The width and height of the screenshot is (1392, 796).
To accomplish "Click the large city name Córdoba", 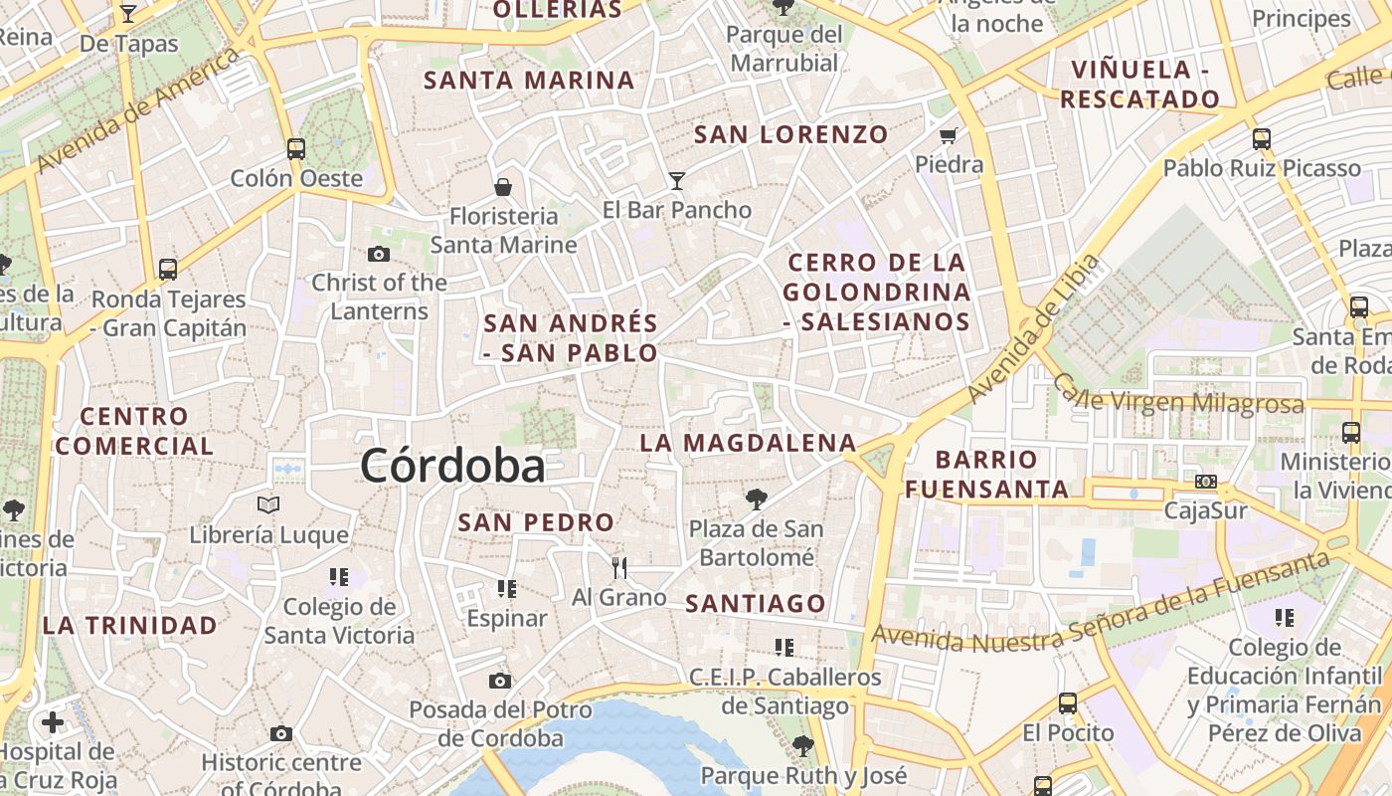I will point(452,466).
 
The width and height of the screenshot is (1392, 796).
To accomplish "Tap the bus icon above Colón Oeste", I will point(296,149).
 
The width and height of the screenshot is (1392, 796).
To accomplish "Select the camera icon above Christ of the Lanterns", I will point(378,254).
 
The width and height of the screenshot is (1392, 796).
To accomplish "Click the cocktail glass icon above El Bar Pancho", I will point(677,180).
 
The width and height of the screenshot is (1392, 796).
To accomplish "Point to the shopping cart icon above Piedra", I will point(949,134).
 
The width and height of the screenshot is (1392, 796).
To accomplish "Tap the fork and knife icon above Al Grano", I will point(619,567).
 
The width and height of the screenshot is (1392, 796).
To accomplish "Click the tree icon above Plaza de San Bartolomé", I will point(757,498).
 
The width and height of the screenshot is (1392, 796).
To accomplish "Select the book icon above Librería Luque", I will point(268,504).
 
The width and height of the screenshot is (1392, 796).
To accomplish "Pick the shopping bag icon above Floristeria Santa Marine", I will point(504,186).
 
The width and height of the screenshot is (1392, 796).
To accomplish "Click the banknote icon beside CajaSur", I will point(1206,482).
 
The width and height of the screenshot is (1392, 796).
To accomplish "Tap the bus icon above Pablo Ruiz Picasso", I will point(1262,138).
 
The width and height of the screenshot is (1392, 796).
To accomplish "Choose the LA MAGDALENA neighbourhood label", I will point(748,443).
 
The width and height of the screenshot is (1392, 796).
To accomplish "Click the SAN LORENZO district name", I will point(790,134).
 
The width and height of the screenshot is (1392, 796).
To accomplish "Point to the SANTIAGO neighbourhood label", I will point(756,603).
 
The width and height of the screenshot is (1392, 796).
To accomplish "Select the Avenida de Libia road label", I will point(1034,328).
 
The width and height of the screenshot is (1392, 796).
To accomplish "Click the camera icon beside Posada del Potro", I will point(500,681).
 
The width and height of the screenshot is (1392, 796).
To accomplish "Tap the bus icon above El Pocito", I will point(1068,703).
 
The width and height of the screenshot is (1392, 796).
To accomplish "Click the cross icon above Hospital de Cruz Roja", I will point(53,721).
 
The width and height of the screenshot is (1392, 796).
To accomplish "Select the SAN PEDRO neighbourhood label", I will point(536,522).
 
